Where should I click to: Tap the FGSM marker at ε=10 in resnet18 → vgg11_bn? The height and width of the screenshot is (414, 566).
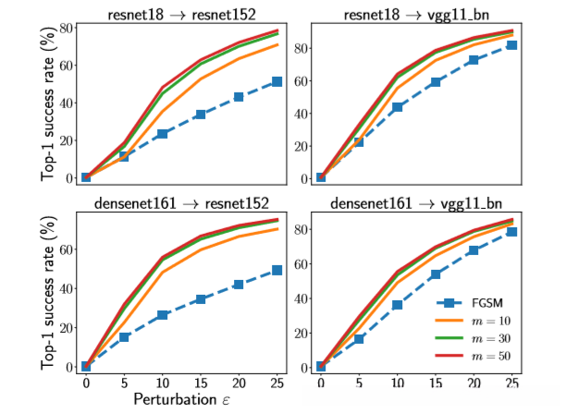tap(397, 107)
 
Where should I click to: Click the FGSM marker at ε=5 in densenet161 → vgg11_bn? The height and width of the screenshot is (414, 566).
tap(359, 339)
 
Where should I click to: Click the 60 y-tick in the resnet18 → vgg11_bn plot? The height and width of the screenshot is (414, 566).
tap(302, 81)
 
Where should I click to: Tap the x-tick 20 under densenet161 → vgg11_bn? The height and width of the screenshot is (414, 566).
tap(473, 382)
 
